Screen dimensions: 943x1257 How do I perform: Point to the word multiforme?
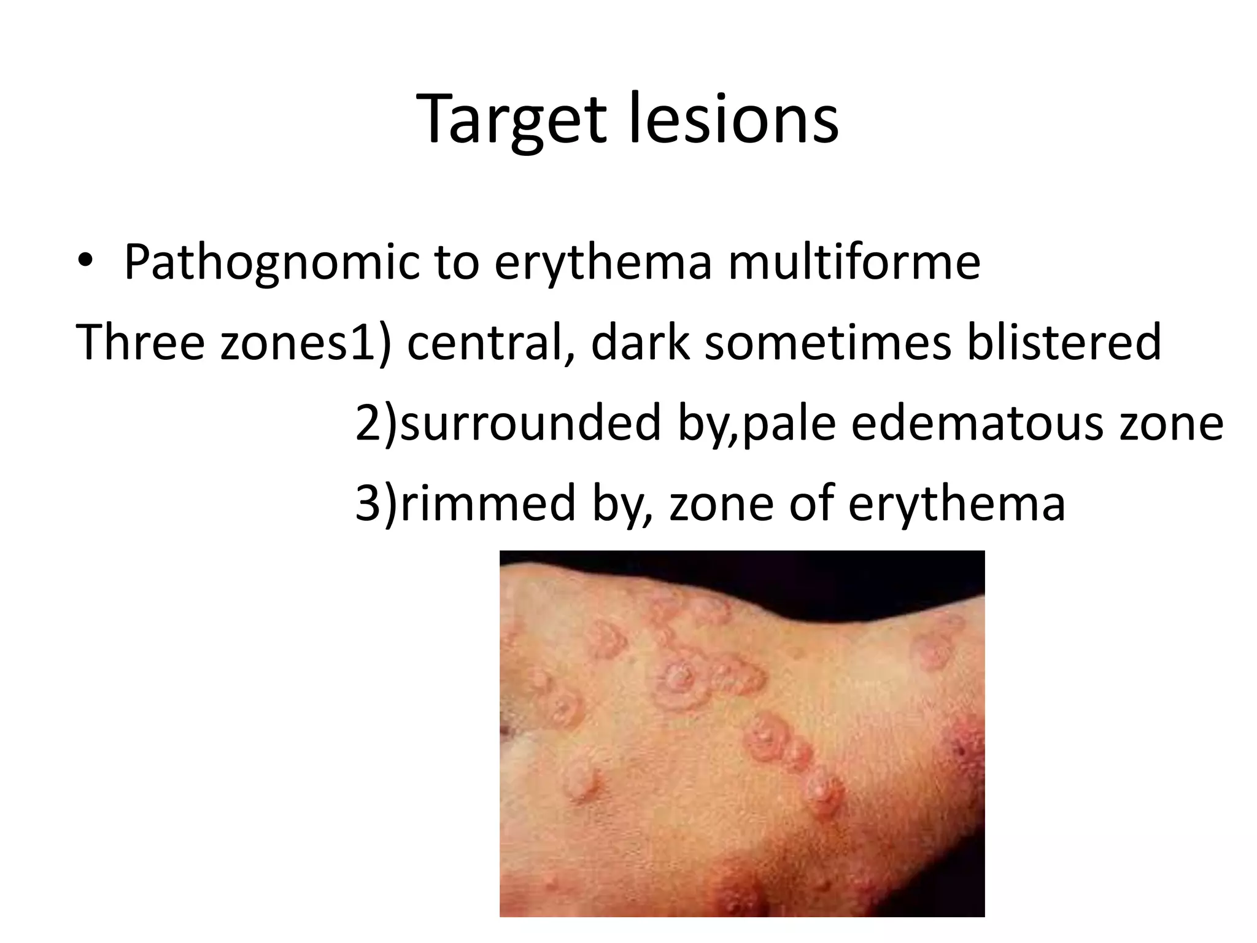click(x=854, y=262)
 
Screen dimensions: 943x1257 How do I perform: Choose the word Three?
click(x=140, y=342)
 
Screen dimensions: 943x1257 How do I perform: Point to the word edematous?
click(x=977, y=423)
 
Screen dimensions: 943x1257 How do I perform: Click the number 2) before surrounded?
click(x=376, y=423)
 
